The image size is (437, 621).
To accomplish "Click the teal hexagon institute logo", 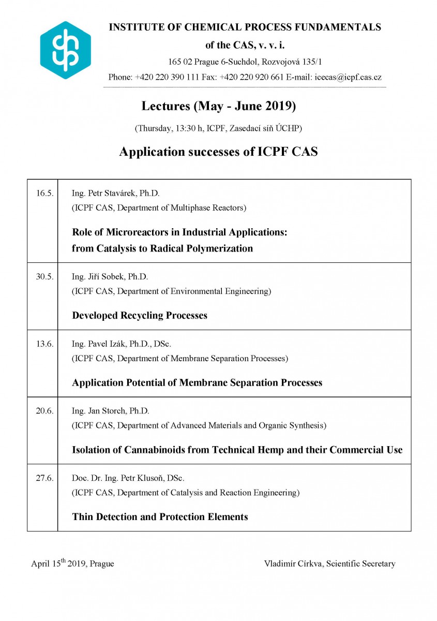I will click(65, 50).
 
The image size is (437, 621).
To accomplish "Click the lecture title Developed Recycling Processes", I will click(140, 316).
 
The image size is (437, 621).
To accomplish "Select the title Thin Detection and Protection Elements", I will click(160, 517).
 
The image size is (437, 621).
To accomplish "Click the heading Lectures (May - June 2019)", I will click(218, 107).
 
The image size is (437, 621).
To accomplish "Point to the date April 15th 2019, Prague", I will click(72, 563).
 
